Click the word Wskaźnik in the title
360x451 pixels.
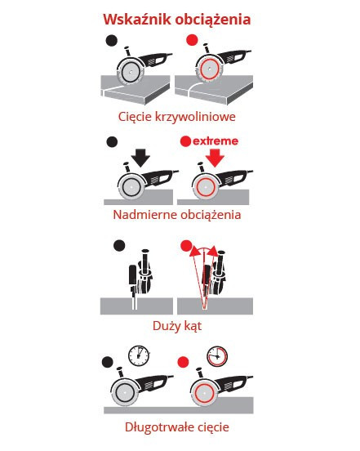[137, 19]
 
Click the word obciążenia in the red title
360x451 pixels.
[213, 20]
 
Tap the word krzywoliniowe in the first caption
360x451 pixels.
[195, 117]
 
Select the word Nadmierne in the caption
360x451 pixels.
[142, 215]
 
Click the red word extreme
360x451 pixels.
[216, 141]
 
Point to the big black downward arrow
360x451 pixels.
[140, 158]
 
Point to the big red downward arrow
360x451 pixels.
[215, 158]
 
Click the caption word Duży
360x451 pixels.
[167, 327]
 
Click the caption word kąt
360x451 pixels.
[193, 327]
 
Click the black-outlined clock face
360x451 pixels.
[139, 355]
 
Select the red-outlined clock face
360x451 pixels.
[217, 356]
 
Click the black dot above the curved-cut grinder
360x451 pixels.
[112, 41]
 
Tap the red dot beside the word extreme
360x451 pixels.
[185, 141]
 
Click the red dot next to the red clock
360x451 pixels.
[184, 362]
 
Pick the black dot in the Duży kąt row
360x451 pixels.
[119, 246]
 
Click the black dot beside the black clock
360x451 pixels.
[108, 362]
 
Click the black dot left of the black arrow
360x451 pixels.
[112, 142]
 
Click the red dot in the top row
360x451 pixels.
[192, 40]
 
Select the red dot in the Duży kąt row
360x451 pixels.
[186, 246]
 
